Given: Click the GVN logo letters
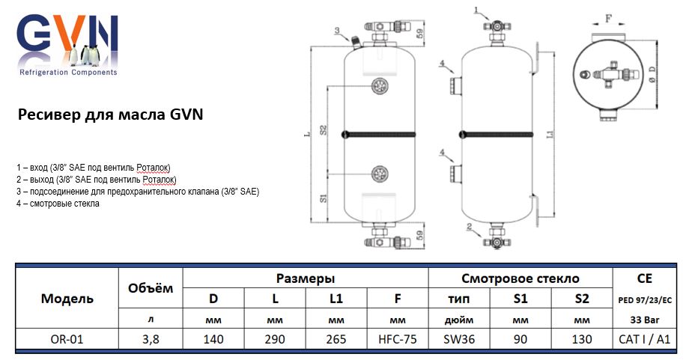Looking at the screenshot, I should pos(67,37).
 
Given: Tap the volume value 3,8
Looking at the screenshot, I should pos(150,339).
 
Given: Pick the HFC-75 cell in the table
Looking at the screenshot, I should pos(397,339).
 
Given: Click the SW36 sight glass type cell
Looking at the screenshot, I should pos(459,339).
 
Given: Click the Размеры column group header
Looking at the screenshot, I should pos(306,278).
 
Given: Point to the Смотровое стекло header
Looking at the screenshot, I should pos(520,278).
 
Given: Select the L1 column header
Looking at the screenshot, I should pos(336,299).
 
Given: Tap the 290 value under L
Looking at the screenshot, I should pos(275,339).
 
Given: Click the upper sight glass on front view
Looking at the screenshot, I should pos(378,86).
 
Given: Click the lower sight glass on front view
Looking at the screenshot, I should pos(378,175).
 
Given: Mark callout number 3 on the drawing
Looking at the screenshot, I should pos(337,31).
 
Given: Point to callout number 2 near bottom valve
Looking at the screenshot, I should pos(467,225).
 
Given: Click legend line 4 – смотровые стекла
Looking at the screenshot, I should pos(58,204).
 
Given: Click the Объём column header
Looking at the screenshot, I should pos(150,287).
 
